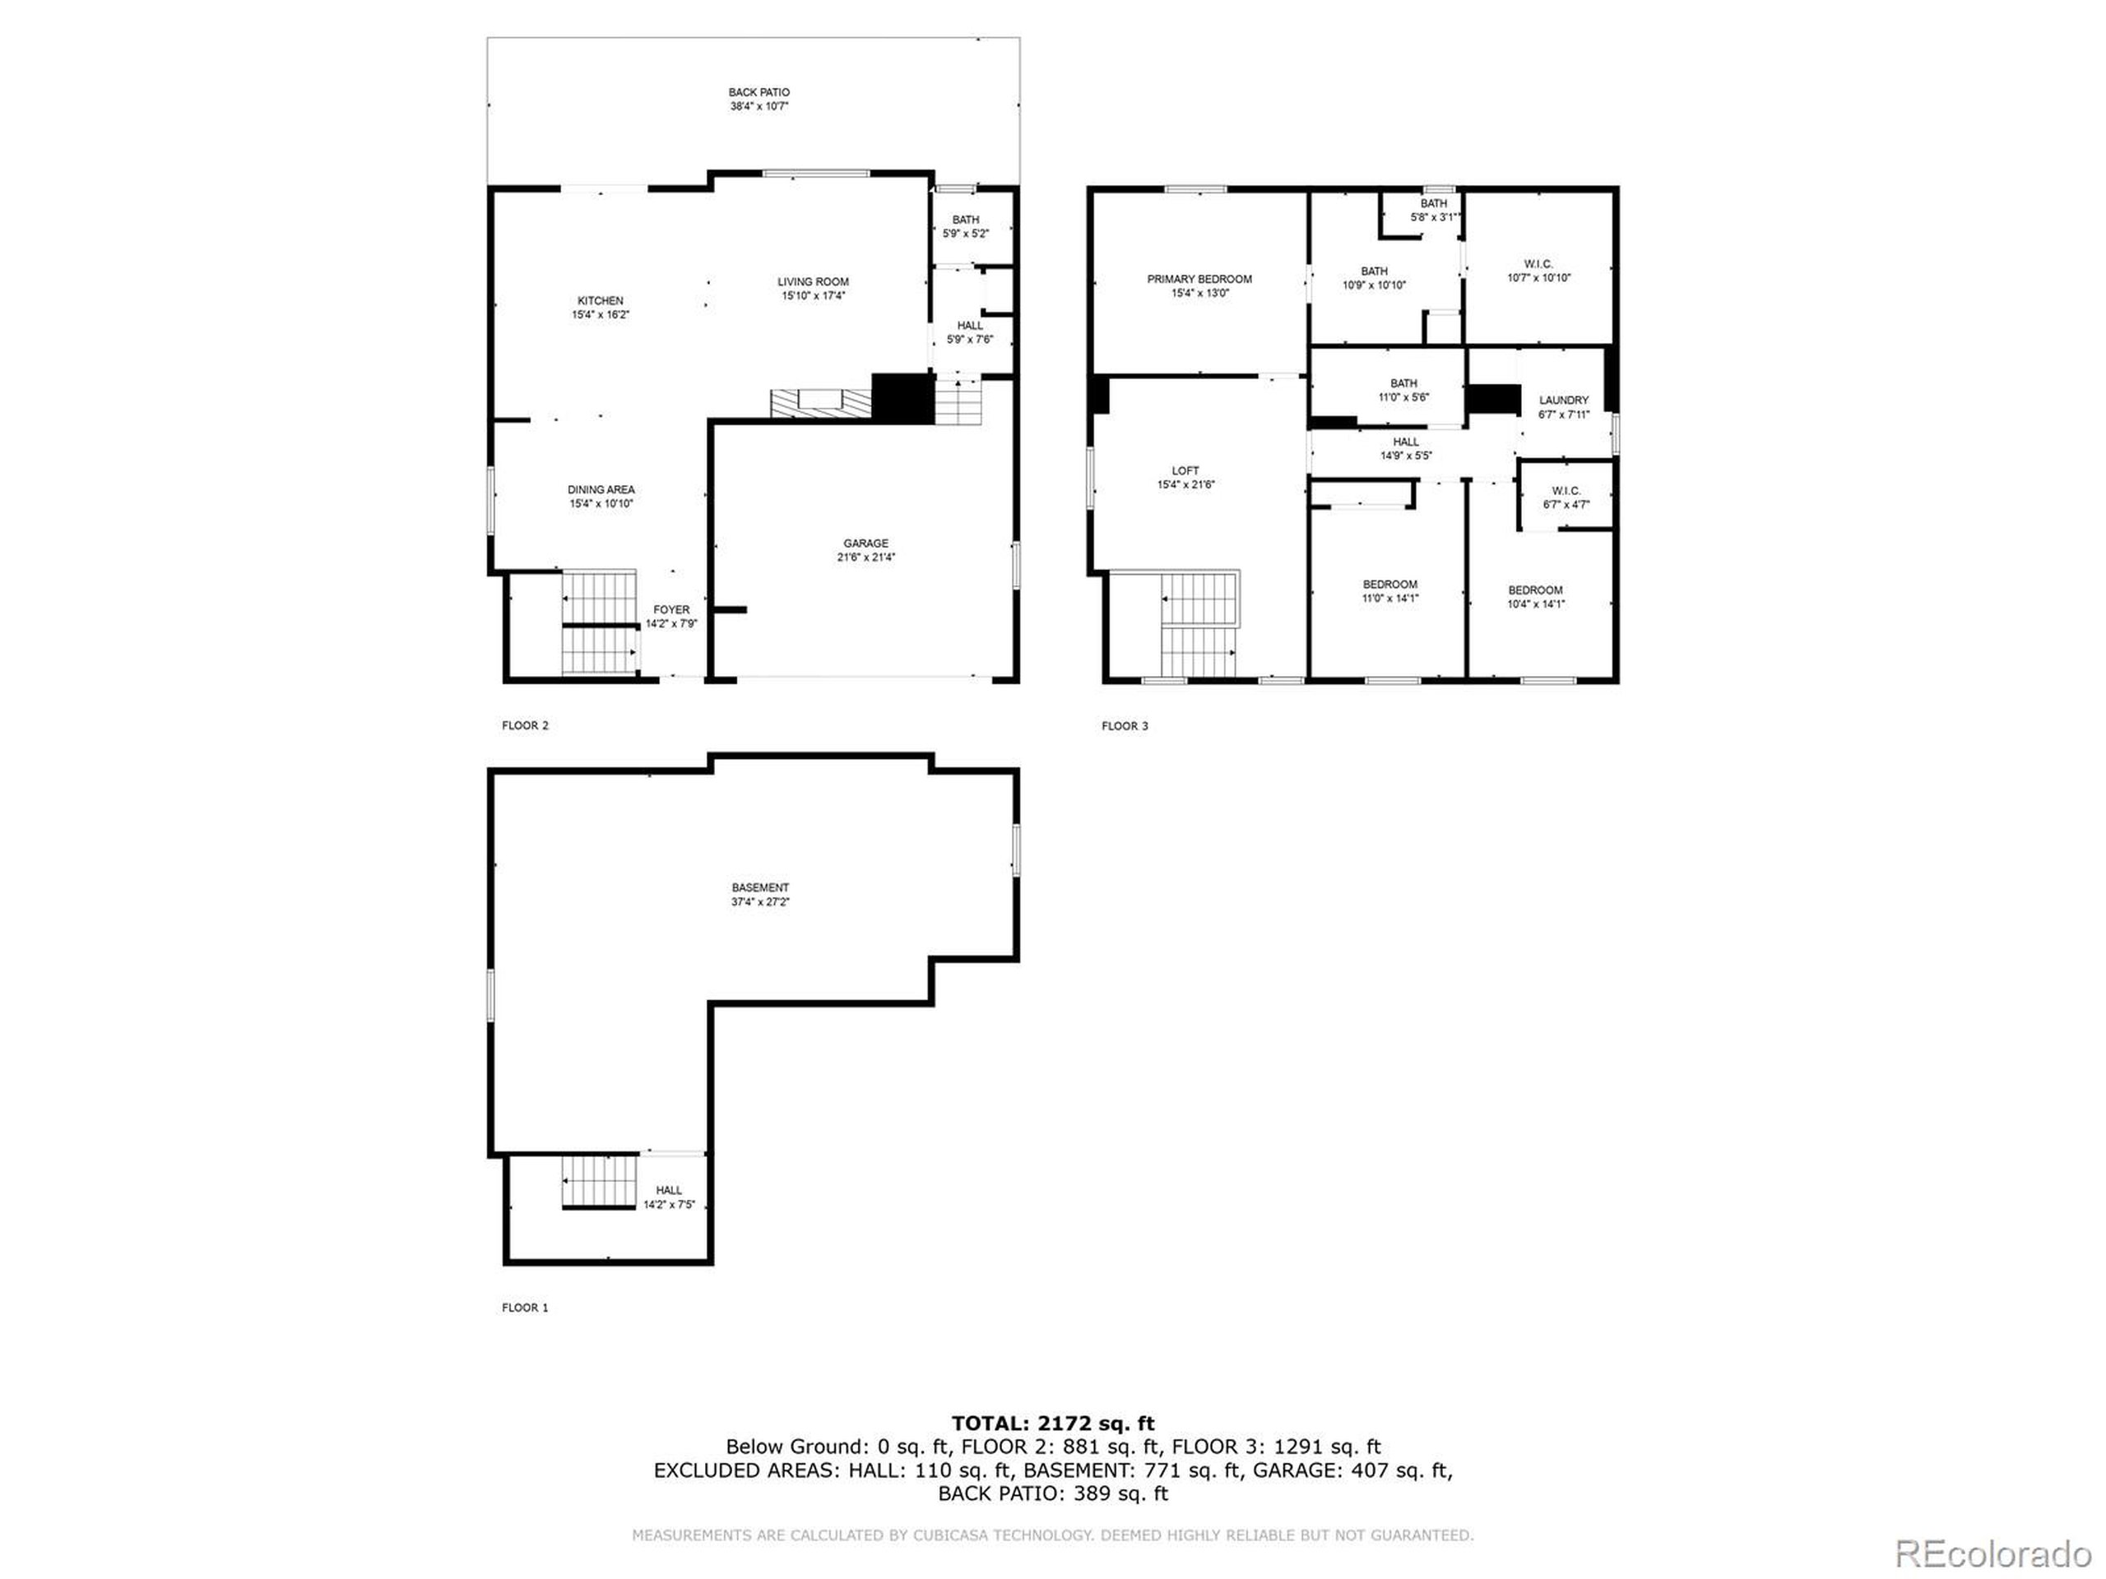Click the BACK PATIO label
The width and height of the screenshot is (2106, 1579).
pyautogui.click(x=758, y=93)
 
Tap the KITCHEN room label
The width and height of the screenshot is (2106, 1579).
pyautogui.click(x=600, y=301)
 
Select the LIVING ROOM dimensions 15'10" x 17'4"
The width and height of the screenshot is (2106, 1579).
pyautogui.click(x=813, y=296)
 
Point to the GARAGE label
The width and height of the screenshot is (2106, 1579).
pyautogui.click(x=865, y=544)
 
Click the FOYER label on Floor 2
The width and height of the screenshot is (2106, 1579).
pyautogui.click(x=671, y=610)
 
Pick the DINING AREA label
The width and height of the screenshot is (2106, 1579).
pyautogui.click(x=601, y=490)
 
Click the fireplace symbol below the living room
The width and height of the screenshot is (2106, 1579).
pyautogui.click(x=821, y=403)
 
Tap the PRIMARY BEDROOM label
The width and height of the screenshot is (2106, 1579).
pyautogui.click(x=1199, y=280)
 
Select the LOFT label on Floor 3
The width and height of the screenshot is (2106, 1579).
pyautogui.click(x=1185, y=471)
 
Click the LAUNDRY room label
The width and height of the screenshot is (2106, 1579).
pyautogui.click(x=1563, y=401)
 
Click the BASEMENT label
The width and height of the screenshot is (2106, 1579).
pyautogui.click(x=760, y=888)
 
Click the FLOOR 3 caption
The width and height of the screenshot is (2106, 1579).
pyautogui.click(x=1125, y=726)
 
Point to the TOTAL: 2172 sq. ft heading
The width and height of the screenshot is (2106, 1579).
pyautogui.click(x=1052, y=1424)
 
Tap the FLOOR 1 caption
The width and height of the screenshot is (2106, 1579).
pyautogui.click(x=525, y=1308)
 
